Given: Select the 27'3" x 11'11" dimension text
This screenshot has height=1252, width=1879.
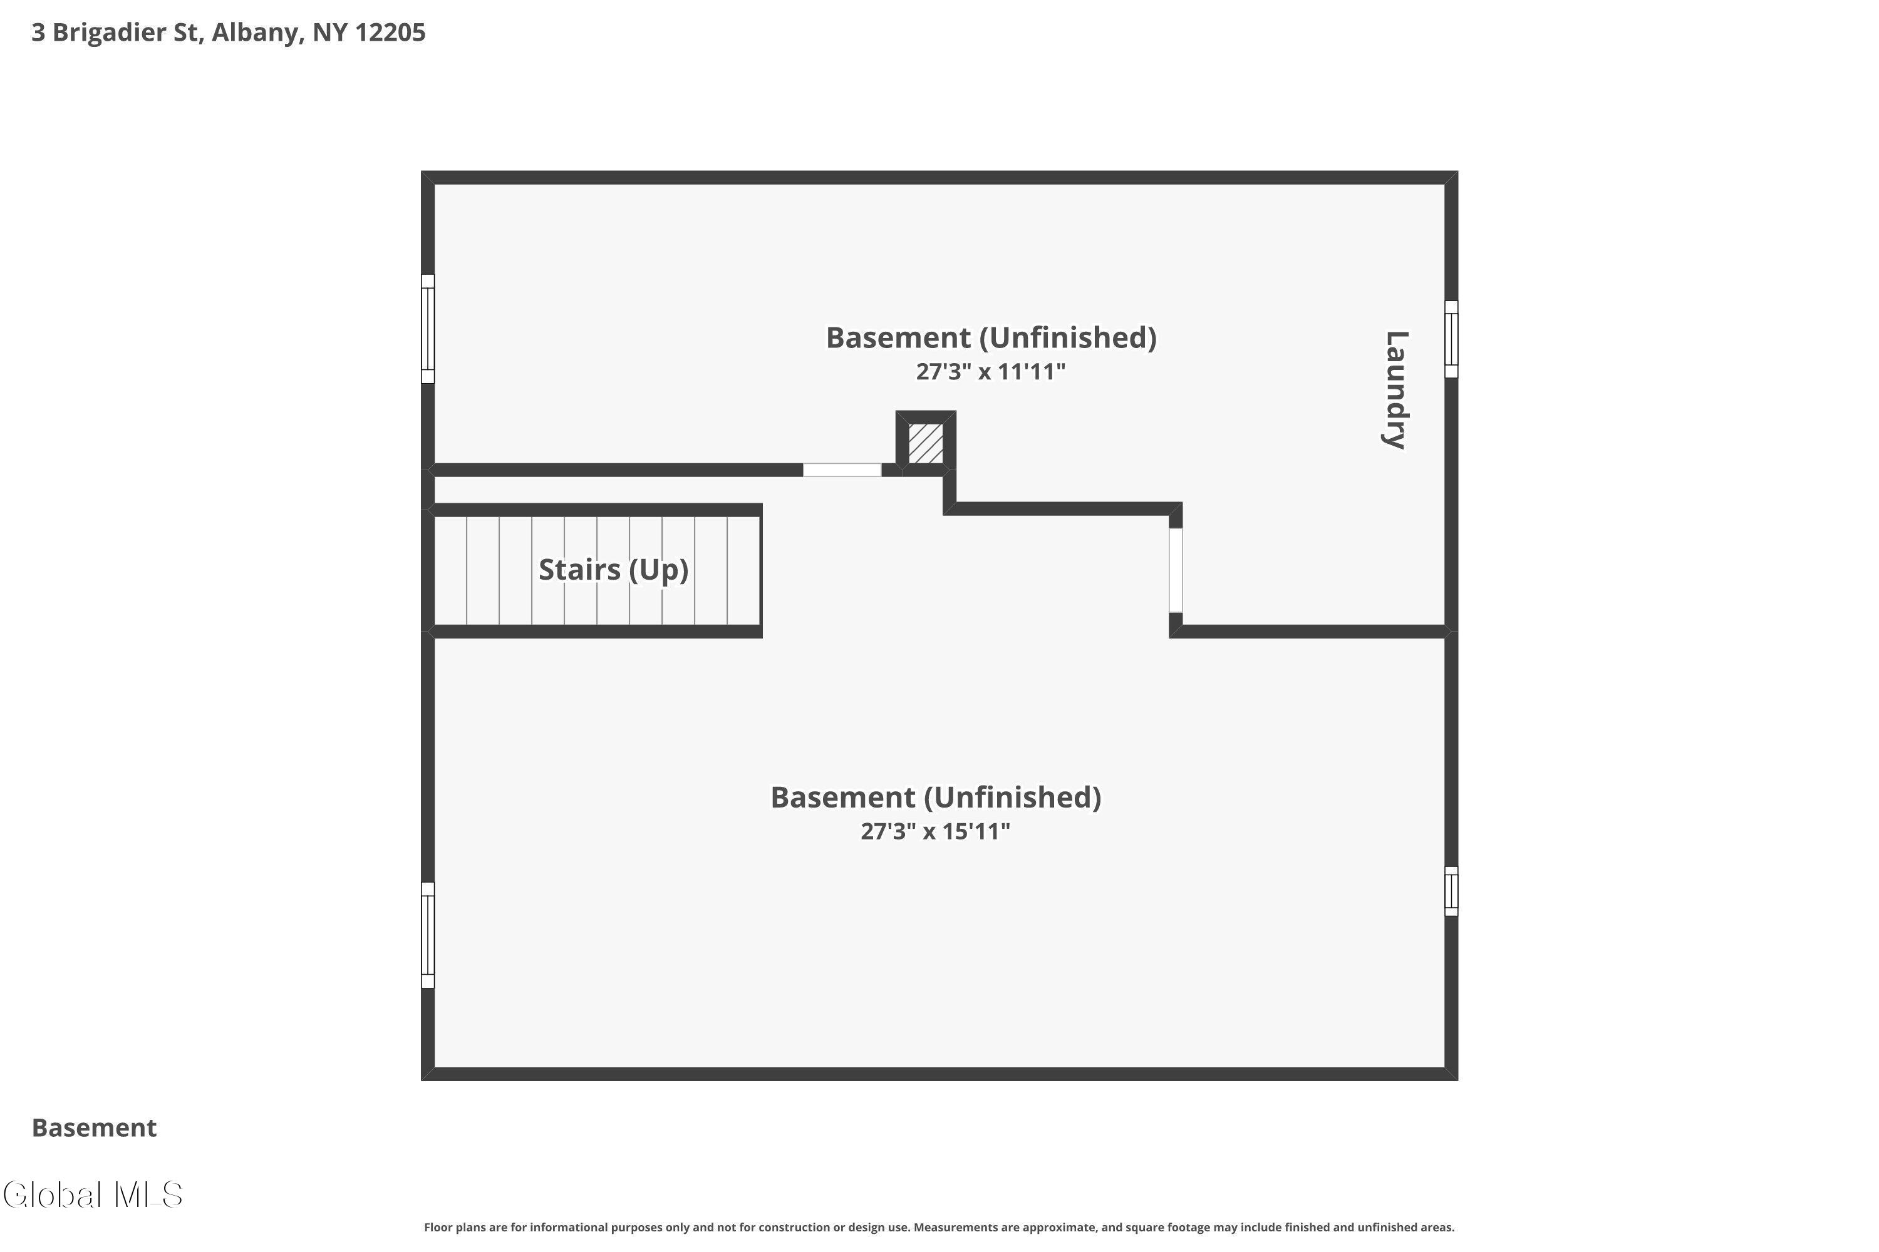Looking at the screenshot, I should pos(991,371).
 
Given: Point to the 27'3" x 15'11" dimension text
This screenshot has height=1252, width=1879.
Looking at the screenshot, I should pos(934,831).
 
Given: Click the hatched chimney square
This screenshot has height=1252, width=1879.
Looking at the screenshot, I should pos(925,443).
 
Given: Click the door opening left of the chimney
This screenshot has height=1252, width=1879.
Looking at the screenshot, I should pos(842,470).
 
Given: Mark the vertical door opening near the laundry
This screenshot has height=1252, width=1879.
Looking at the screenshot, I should pos(1175,570).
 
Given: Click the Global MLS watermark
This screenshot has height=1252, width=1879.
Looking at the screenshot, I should pos(93,1194).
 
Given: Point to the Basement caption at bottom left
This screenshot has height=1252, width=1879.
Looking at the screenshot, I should pos(95,1127).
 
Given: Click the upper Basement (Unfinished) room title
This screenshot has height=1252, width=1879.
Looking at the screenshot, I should pos(991,338).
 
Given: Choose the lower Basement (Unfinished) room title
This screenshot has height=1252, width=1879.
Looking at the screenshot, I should pos(934,797).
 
